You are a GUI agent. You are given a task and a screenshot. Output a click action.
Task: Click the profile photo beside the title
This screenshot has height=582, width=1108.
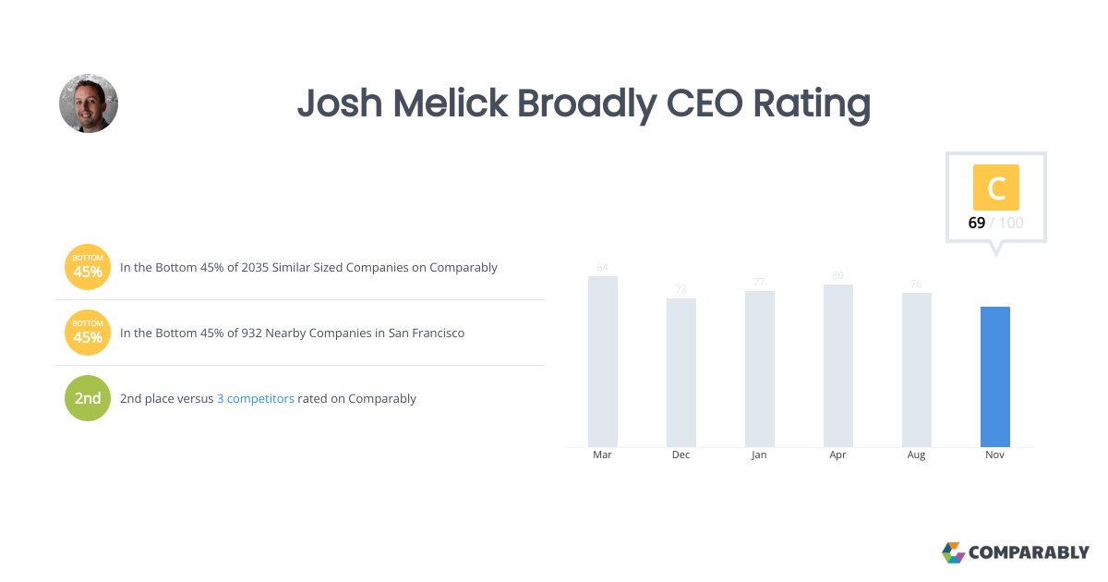pyautogui.click(x=89, y=103)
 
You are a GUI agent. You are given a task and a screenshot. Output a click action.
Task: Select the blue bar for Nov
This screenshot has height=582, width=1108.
pyautogui.click(x=994, y=377)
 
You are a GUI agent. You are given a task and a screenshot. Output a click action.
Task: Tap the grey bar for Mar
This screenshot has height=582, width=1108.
pyautogui.click(x=603, y=361)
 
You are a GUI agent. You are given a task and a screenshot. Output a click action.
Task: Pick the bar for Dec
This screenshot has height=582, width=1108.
pyautogui.click(x=681, y=372)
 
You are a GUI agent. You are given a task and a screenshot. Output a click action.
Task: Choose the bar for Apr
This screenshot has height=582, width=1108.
pyautogui.click(x=838, y=366)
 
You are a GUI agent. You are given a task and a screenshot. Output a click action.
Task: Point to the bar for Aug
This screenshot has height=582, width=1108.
pyautogui.click(x=917, y=370)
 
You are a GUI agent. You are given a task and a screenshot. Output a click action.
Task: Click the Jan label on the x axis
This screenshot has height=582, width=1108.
pyautogui.click(x=759, y=455)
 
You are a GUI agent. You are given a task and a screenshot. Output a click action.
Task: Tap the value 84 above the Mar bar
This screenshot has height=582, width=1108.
pyautogui.click(x=602, y=268)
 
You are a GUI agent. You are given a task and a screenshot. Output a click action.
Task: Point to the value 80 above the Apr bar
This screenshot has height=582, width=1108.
pyautogui.click(x=837, y=275)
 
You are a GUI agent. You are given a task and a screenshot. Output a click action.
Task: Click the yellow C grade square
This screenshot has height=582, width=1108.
pyautogui.click(x=995, y=188)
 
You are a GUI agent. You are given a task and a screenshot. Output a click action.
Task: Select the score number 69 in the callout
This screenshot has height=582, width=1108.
pyautogui.click(x=976, y=223)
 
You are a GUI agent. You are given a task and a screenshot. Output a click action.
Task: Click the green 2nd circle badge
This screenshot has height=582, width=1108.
pyautogui.click(x=88, y=398)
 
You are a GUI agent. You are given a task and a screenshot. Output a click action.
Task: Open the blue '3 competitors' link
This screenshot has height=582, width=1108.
pyautogui.click(x=256, y=399)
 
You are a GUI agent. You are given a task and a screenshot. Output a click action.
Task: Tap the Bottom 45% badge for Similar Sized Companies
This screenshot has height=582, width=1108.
pyautogui.click(x=88, y=267)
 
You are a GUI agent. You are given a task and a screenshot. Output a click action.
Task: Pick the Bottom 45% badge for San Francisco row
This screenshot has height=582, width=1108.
pyautogui.click(x=88, y=333)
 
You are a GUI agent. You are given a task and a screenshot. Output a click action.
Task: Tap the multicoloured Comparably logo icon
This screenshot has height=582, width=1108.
pyautogui.click(x=953, y=552)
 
